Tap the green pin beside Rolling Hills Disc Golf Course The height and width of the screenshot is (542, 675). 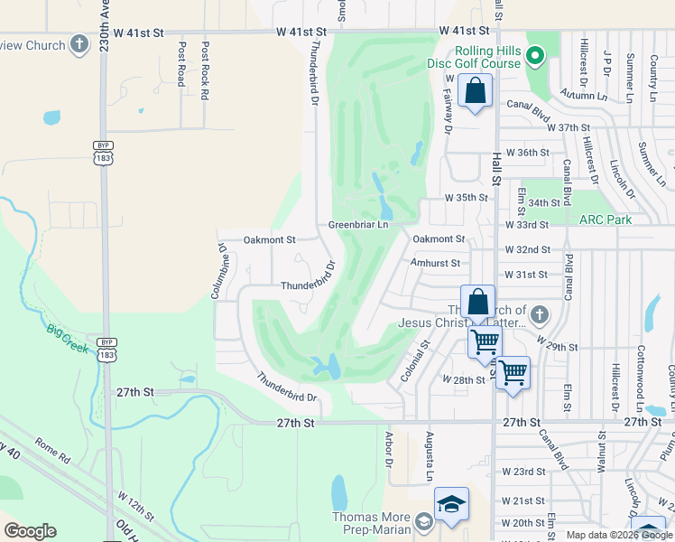click(535, 57)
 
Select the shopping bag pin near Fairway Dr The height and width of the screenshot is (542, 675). click(475, 91)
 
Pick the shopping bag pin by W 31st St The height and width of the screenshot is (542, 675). click(477, 303)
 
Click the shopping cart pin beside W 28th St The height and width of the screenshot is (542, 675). click(513, 372)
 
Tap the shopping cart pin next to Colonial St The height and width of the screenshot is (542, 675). click(485, 341)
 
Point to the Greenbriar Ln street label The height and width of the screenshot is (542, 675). click(357, 225)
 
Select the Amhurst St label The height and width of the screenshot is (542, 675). click(435, 263)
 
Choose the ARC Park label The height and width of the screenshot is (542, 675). click(606, 220)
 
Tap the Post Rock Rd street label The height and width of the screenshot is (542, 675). click(206, 70)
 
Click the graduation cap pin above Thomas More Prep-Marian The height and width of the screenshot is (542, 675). click(451, 503)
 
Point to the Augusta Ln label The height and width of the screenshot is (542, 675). click(430, 455)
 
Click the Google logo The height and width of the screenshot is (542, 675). click(30, 531)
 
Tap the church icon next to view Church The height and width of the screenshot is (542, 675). click(79, 44)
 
